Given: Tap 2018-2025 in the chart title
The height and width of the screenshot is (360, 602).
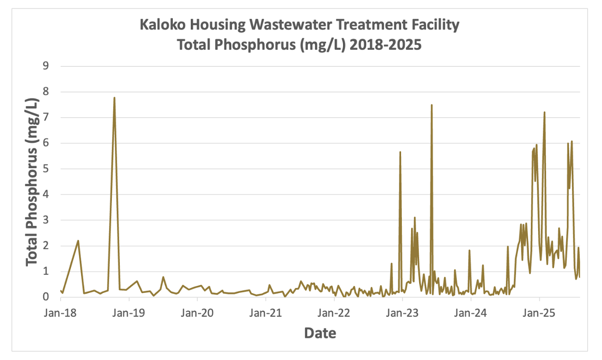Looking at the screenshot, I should point(385,45).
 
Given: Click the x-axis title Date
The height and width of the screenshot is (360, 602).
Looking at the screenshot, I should point(320,333).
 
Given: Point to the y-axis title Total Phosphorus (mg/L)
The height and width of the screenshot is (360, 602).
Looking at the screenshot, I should point(32,182).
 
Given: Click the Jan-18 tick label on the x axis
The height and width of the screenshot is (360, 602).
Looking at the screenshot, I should point(61,313).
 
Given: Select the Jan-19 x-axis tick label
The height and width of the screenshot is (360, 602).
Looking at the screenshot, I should point(129,313).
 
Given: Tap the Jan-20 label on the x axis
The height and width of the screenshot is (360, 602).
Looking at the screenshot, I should point(198,313).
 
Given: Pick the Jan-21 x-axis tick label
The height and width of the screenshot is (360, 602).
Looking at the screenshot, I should point(266,313).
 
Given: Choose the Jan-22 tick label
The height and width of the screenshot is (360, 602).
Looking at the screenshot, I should point(334,313).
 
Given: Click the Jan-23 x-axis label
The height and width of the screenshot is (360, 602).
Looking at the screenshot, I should point(403,313).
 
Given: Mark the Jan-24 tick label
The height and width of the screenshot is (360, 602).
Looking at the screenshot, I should point(471,313).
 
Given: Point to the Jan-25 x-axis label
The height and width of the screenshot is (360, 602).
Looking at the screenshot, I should point(539,313).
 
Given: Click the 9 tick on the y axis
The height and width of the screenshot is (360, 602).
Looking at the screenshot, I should point(45,66).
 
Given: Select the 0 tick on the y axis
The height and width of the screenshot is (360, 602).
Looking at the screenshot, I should point(45,297).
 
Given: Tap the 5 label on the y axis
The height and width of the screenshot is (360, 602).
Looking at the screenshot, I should point(45,169).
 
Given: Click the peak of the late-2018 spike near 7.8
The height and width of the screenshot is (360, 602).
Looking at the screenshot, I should point(114,98).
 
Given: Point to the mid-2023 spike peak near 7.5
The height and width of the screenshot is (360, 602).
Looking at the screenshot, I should point(431,105).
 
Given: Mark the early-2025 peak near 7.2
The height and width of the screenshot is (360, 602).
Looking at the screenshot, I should point(544,112).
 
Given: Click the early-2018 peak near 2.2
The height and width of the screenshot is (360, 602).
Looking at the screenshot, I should point(78,241).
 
